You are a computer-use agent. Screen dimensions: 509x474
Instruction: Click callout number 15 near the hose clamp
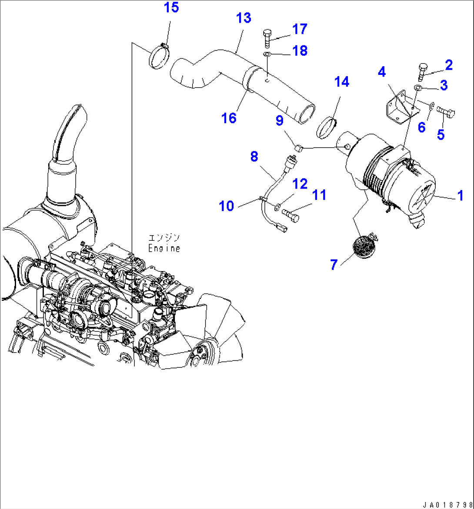click(x=171, y=8)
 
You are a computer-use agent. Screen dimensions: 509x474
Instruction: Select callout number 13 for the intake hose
click(x=244, y=18)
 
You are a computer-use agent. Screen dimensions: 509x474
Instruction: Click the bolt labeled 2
click(x=423, y=71)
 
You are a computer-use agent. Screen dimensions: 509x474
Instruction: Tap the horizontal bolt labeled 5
click(x=446, y=112)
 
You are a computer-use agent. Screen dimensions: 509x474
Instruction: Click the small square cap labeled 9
click(x=298, y=149)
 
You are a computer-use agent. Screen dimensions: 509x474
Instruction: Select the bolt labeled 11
click(x=291, y=214)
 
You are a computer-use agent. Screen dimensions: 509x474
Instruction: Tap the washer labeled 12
click(x=277, y=205)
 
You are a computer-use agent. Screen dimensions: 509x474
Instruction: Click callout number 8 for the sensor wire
click(x=254, y=157)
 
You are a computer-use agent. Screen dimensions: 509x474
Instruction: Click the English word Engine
click(x=164, y=249)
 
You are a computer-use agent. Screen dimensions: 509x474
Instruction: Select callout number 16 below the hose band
click(x=229, y=118)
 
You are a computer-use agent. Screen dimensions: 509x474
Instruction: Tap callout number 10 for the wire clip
click(x=226, y=206)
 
